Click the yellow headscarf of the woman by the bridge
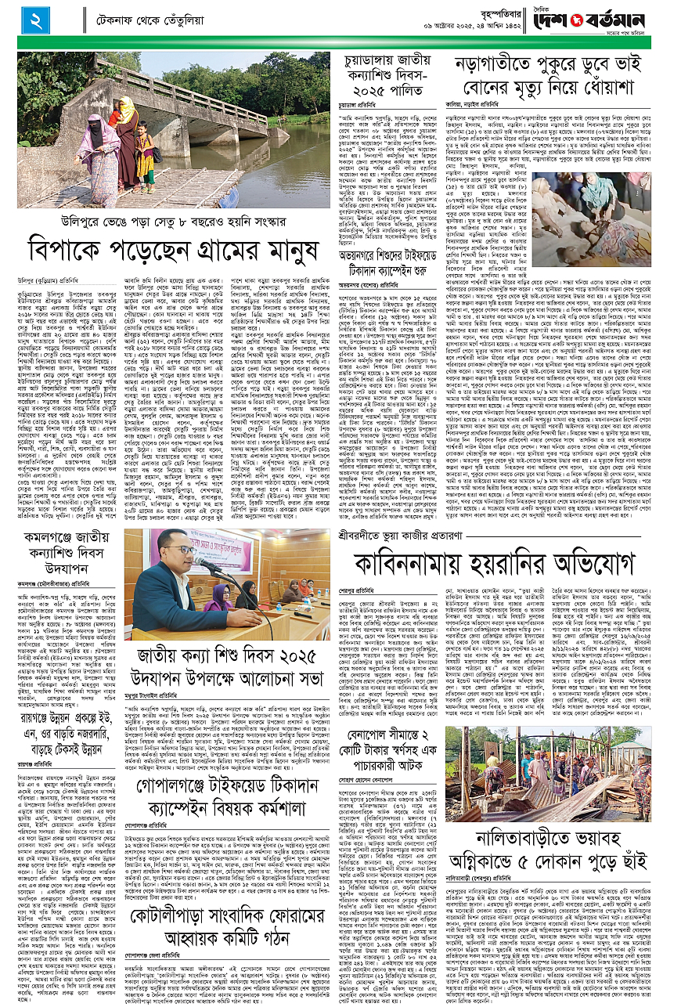pos(126,104)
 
